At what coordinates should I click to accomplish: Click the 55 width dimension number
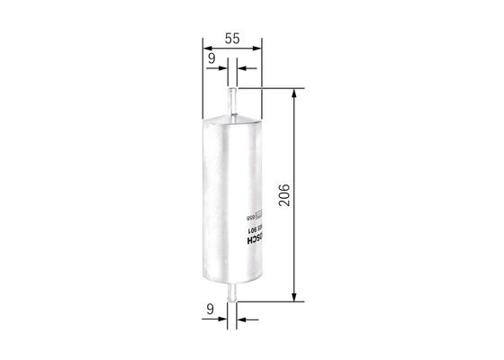point(231,39)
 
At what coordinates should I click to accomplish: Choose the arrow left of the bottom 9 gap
point(222,317)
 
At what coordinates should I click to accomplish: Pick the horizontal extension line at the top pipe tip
point(270,87)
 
